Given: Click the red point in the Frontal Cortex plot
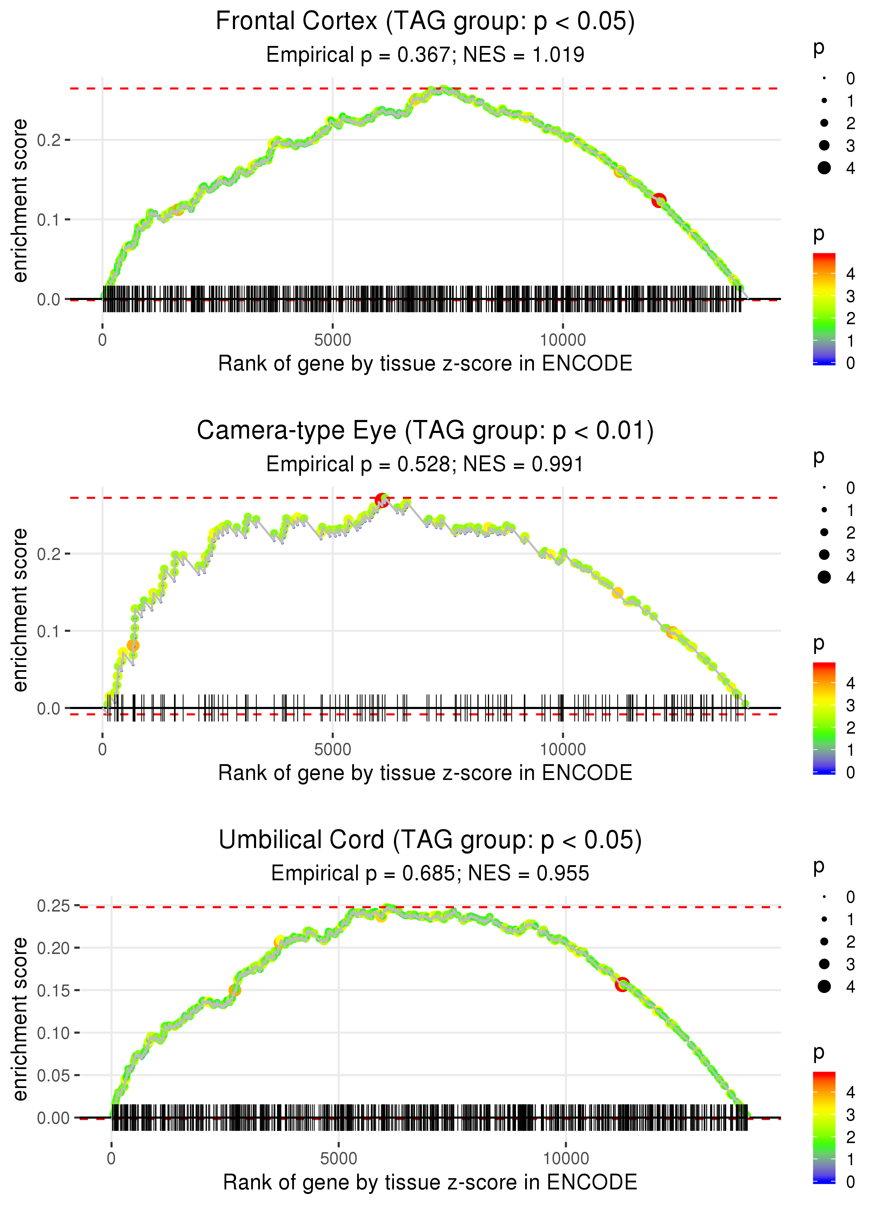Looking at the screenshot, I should tap(658, 200).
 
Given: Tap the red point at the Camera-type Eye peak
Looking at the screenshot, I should tap(382, 500).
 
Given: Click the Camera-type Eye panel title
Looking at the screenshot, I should tap(425, 431).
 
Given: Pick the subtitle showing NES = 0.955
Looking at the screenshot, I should tap(430, 874).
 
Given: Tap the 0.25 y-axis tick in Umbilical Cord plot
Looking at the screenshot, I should tap(53, 906).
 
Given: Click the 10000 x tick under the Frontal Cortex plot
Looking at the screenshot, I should tap(563, 340).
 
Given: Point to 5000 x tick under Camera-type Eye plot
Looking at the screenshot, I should tap(333, 749).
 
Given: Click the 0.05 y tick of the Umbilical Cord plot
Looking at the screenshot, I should tap(53, 1075).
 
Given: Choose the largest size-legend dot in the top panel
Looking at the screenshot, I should tap(824, 168).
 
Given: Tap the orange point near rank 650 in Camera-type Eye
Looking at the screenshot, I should tap(133, 645).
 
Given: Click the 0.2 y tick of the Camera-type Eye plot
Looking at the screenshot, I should tap(49, 554).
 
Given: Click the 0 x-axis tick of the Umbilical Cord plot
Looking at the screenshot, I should tap(111, 1158).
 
